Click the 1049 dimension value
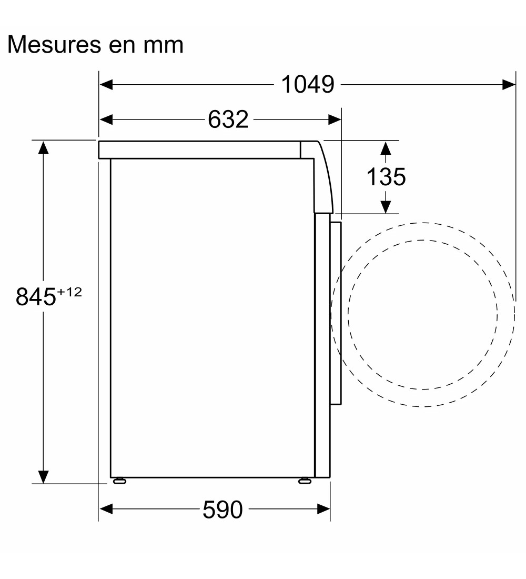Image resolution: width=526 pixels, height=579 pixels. coord(308,85)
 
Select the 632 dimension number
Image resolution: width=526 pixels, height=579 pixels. coord(228,119)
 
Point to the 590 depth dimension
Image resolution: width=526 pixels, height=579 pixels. coord(222,510)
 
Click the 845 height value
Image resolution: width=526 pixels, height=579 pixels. coord(35,296)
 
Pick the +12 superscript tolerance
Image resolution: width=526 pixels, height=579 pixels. coord(69,292)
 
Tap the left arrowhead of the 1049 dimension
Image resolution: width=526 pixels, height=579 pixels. coord(106,85)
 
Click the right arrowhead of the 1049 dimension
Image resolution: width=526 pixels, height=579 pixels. coord(509,85)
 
